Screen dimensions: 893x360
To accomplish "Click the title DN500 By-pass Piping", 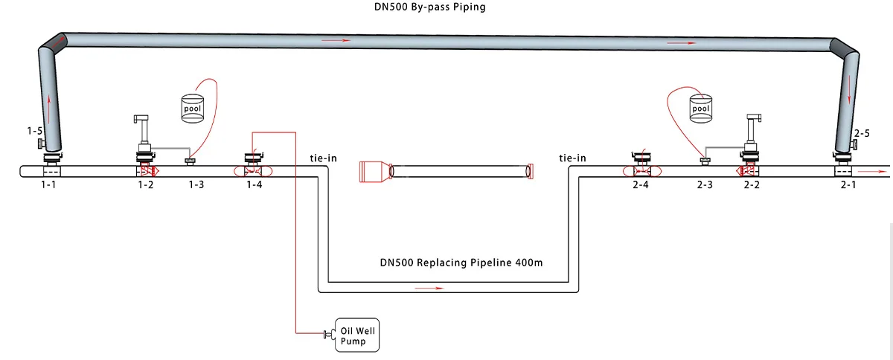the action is pyautogui.click(x=430, y=7).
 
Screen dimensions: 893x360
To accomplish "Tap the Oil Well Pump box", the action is pyautogui.click(x=357, y=335).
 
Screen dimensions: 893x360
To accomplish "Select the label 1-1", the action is pyautogui.click(x=48, y=184).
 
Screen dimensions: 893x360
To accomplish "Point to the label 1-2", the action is pyautogui.click(x=146, y=184).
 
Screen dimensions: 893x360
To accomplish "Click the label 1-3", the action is pyautogui.click(x=196, y=184).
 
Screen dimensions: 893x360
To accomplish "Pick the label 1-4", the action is pyautogui.click(x=255, y=184).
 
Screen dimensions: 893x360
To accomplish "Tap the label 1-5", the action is pyautogui.click(x=34, y=131).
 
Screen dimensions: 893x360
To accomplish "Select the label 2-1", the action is pyautogui.click(x=848, y=184).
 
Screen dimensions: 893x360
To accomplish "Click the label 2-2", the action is pyautogui.click(x=752, y=184).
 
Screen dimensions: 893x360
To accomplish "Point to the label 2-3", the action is pyautogui.click(x=705, y=184).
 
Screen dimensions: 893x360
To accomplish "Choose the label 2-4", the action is pyautogui.click(x=640, y=184).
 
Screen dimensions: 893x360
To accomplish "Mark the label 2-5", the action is pyautogui.click(x=862, y=133).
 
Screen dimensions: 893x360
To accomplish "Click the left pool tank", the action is pyautogui.click(x=193, y=109).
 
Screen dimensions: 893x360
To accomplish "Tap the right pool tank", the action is pyautogui.click(x=700, y=109).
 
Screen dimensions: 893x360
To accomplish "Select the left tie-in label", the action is pyautogui.click(x=323, y=158).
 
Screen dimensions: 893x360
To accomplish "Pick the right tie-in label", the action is pyautogui.click(x=572, y=158).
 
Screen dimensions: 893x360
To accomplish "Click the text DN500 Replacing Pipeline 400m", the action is pyautogui.click(x=461, y=263).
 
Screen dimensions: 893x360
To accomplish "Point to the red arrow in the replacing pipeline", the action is pyautogui.click(x=429, y=288).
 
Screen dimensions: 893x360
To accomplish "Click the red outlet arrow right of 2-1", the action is pyautogui.click(x=872, y=171).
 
